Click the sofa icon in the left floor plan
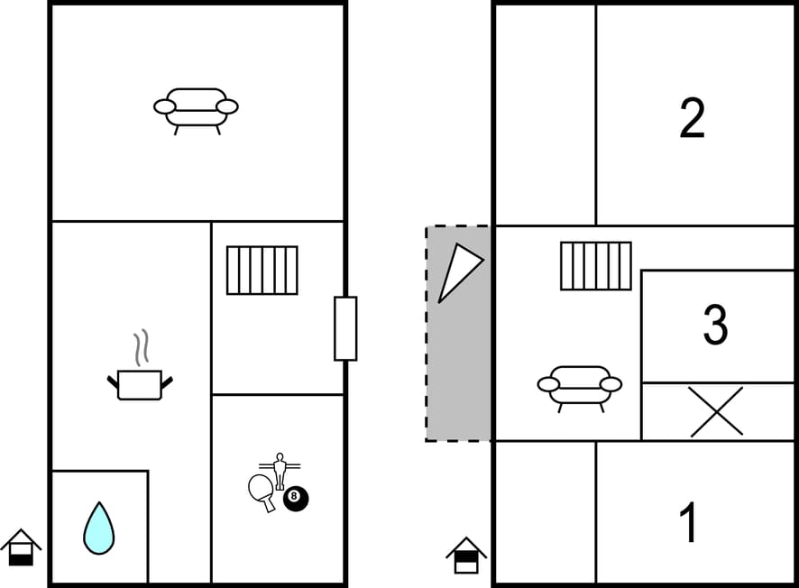[x=196, y=111]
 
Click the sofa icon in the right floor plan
[x=579, y=389]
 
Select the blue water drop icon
[x=99, y=528]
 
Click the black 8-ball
[x=296, y=499]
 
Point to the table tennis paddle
[x=262, y=492]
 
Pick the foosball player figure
[x=280, y=471]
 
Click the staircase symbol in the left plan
[x=262, y=270]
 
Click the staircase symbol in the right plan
[x=596, y=266]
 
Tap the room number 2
[x=692, y=118]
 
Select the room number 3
[x=715, y=325]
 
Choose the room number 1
[x=688, y=522]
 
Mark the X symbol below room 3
[x=716, y=411]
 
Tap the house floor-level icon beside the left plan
[x=21, y=547]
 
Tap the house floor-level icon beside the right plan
[x=466, y=556]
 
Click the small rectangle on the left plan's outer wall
[x=345, y=328]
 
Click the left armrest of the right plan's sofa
[x=548, y=384]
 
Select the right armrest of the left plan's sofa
[x=227, y=106]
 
